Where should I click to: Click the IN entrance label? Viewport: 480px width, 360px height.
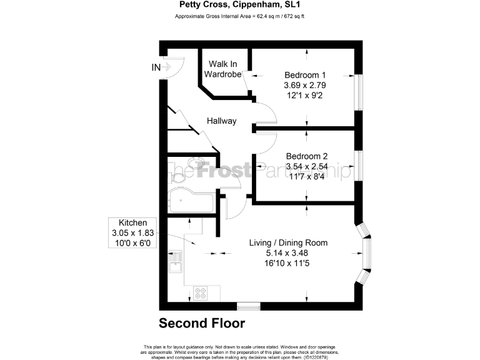tap(156, 67)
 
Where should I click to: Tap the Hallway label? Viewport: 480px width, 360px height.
tap(221, 121)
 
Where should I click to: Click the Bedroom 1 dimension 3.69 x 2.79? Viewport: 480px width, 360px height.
tap(306, 84)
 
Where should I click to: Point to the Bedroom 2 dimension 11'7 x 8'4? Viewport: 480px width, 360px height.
tap(306, 177)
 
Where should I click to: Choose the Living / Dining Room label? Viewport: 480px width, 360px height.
tap(288, 242)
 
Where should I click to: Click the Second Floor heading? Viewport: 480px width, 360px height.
tap(201, 323)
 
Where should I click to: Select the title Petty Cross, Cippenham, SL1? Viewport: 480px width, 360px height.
tap(239, 6)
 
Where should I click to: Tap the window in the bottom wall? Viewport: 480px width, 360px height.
tap(248, 306)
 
